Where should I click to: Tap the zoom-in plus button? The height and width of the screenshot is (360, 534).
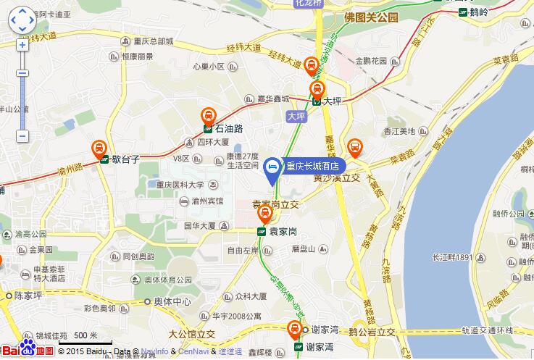point(22,44)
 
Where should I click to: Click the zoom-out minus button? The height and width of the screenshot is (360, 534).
point(22,135)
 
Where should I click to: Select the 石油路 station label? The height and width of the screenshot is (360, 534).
point(228,129)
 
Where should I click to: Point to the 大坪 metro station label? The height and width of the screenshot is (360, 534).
point(331,102)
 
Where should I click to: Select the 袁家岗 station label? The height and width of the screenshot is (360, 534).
point(283,232)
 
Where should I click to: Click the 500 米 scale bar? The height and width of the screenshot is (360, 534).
point(85,336)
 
